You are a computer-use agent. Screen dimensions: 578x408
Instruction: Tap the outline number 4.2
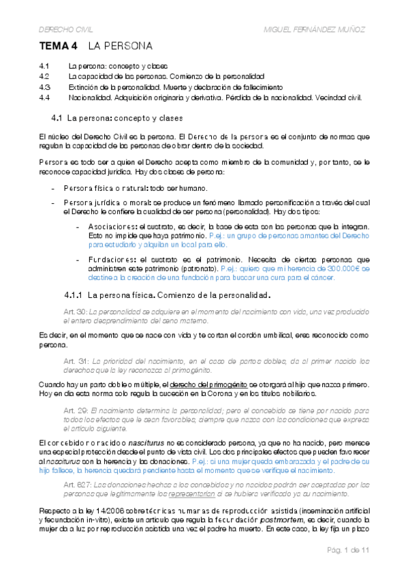click(45, 76)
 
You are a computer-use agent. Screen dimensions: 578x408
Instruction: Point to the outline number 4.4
click(45, 97)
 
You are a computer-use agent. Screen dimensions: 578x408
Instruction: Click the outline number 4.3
click(45, 87)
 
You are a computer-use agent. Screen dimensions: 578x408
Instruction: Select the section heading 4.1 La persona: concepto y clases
click(113, 118)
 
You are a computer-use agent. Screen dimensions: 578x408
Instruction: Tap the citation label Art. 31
click(76, 360)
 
